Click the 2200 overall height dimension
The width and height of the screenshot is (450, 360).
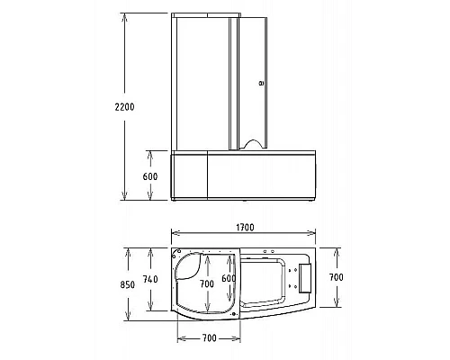pyautogui.click(x=124, y=107)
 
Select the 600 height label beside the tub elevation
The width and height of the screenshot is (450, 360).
pyautogui.click(x=150, y=176)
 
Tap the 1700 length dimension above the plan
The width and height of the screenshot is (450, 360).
pyautogui.click(x=245, y=228)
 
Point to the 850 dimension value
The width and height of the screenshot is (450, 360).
pyautogui.click(x=128, y=284)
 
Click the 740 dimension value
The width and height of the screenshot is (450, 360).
pyautogui.click(x=150, y=279)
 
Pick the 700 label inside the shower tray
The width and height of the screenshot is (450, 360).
pyautogui.click(x=207, y=283)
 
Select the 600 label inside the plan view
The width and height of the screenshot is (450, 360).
pyautogui.click(x=229, y=278)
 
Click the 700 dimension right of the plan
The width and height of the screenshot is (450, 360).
pyautogui.click(x=336, y=277)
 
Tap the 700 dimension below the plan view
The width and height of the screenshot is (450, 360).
pyautogui.click(x=209, y=338)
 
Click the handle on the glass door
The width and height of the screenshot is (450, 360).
pyautogui.click(x=262, y=83)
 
